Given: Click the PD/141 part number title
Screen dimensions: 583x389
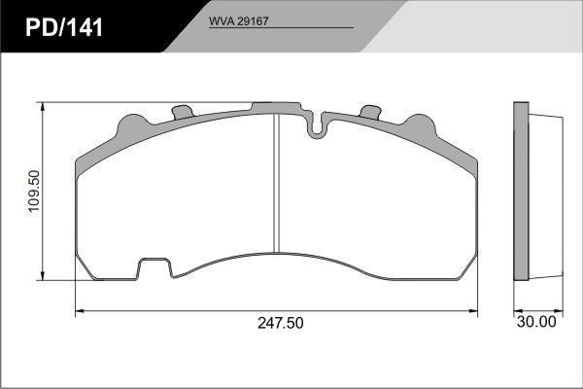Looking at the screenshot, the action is click(x=64, y=27).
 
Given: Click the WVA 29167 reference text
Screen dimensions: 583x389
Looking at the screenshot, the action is click(x=238, y=21).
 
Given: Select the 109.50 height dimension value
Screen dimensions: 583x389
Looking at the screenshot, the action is click(x=34, y=191).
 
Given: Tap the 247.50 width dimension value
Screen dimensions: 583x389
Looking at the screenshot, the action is click(x=281, y=323).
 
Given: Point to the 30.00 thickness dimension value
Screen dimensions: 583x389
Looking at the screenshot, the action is click(x=536, y=322).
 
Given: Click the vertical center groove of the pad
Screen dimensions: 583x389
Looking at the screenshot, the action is click(x=276, y=183).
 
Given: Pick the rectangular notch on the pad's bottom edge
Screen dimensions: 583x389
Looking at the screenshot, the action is click(x=154, y=268).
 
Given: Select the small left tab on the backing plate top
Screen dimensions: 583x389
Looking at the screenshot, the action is click(x=183, y=112).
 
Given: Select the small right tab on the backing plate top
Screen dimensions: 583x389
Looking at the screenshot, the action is click(x=371, y=112).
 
